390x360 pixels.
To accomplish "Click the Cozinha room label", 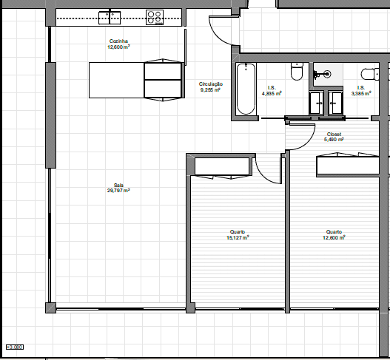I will pyautogui.click(x=118, y=41).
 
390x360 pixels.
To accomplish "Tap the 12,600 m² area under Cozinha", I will pyautogui.click(x=118, y=47).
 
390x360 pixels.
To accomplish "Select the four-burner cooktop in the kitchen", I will pyautogui.click(x=155, y=16).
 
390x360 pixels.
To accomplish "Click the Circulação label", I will pyautogui.click(x=210, y=84).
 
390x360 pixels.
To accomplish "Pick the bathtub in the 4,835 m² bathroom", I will pyautogui.click(x=245, y=89).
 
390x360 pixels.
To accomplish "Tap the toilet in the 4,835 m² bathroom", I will pyautogui.click(x=297, y=72).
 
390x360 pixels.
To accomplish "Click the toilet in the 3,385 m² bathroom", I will pyautogui.click(x=368, y=73).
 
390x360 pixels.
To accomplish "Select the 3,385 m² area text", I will pyautogui.click(x=361, y=94).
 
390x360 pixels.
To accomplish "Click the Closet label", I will pyautogui.click(x=334, y=134).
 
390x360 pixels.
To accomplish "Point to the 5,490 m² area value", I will pyautogui.click(x=334, y=139).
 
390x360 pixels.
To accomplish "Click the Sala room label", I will pyautogui.click(x=118, y=185).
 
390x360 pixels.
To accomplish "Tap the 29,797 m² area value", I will pyautogui.click(x=118, y=190).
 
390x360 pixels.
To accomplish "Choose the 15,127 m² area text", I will pyautogui.click(x=238, y=238).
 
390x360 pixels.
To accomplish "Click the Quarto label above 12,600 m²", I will pyautogui.click(x=334, y=232).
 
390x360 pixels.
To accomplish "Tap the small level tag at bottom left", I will pyautogui.click(x=15, y=346).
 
